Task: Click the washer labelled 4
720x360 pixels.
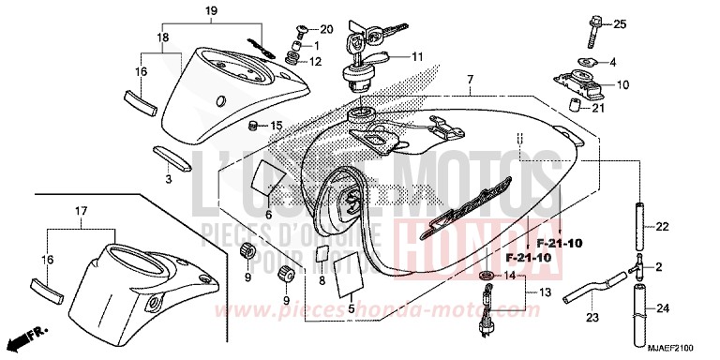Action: pos(586,62)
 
